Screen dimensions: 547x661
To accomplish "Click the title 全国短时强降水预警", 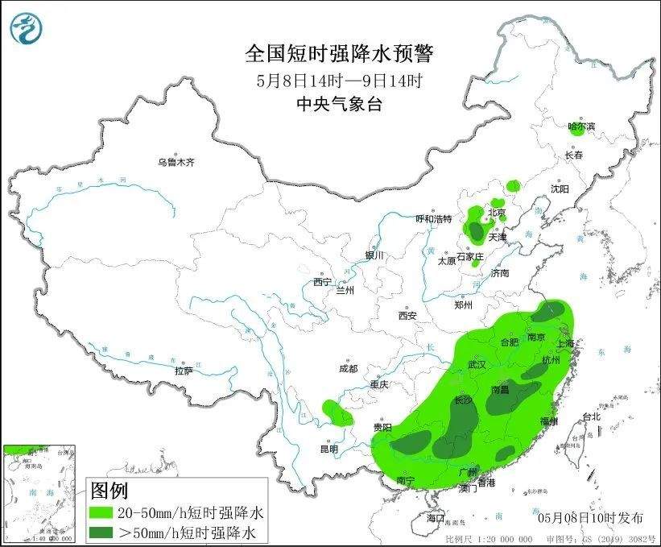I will click(338, 54).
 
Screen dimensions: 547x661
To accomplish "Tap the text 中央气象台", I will click(338, 103).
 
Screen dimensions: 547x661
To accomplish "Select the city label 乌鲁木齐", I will click(176, 162).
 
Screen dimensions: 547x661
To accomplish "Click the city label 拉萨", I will click(184, 371).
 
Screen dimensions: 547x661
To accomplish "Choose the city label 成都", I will click(348, 369).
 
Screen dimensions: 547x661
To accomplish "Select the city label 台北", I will click(591, 416).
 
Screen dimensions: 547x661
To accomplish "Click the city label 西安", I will click(407, 316).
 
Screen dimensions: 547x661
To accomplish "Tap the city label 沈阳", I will click(560, 189).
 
